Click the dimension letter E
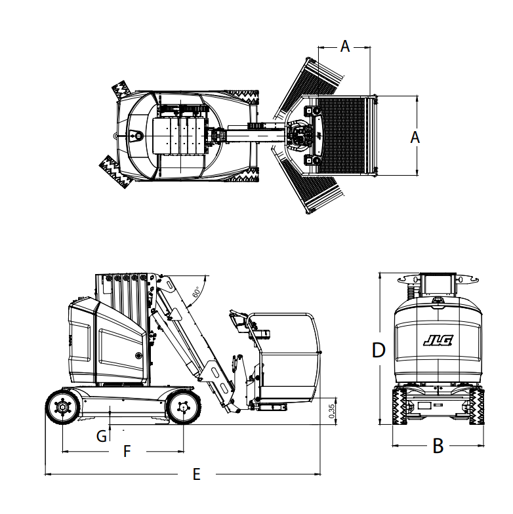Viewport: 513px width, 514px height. click(197, 474)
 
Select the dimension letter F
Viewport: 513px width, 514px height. click(127, 451)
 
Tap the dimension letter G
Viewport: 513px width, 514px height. click(102, 437)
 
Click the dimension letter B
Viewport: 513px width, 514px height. click(438, 446)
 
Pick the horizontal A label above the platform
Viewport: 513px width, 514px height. click(345, 46)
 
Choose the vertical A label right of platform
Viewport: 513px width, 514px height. click(415, 137)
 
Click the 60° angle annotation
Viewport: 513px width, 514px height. click(195, 291)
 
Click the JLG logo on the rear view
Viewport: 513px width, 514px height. click(438, 341)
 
